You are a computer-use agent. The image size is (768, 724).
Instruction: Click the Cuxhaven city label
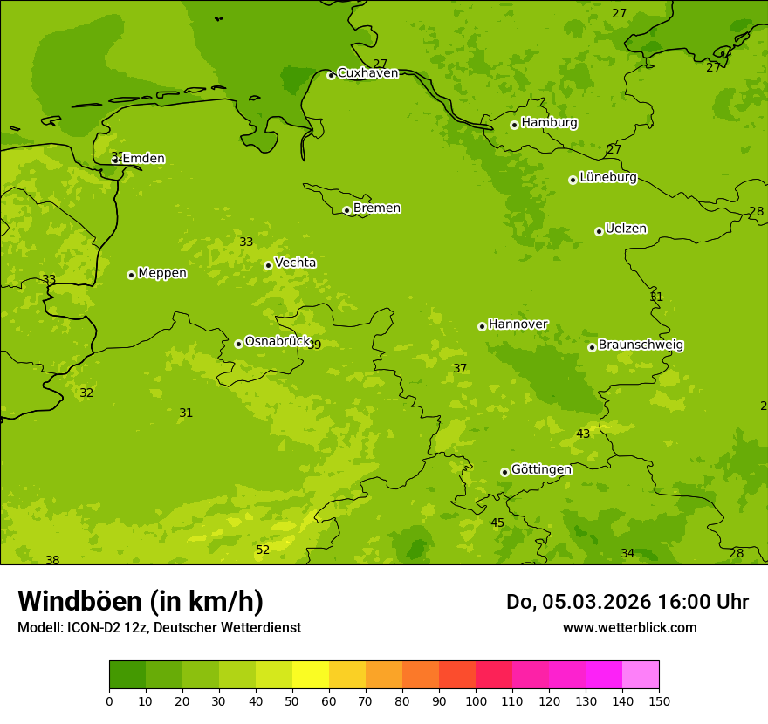tap(367, 73)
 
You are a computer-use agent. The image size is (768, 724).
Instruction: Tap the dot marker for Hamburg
tap(514, 125)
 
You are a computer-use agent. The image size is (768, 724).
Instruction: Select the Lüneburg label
tap(607, 178)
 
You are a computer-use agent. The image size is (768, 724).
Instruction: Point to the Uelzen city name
tap(626, 229)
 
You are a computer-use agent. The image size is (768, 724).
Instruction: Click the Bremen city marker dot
tap(346, 210)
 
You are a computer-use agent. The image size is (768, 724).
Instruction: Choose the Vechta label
tap(295, 263)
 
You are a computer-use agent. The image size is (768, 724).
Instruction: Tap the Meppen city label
tap(162, 273)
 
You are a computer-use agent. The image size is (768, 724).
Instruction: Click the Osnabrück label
tap(277, 342)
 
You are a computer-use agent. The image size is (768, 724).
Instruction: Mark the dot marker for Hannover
tap(482, 326)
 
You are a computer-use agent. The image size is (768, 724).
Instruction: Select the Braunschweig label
tap(641, 345)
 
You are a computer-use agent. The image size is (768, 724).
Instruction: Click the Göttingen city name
tap(541, 470)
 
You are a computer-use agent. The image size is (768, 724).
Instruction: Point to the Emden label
tap(143, 159)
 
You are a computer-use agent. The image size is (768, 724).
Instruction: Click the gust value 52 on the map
tap(263, 550)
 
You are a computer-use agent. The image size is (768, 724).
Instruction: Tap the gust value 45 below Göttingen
tap(497, 523)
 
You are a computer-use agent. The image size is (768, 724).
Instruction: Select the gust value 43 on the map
tap(583, 434)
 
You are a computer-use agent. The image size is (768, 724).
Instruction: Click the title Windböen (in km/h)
tap(141, 601)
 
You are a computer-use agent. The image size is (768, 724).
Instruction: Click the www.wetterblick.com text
tap(629, 627)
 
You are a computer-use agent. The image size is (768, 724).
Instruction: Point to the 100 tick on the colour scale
tap(476, 700)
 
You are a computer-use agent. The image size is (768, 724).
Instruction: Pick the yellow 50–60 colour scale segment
tap(311, 675)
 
